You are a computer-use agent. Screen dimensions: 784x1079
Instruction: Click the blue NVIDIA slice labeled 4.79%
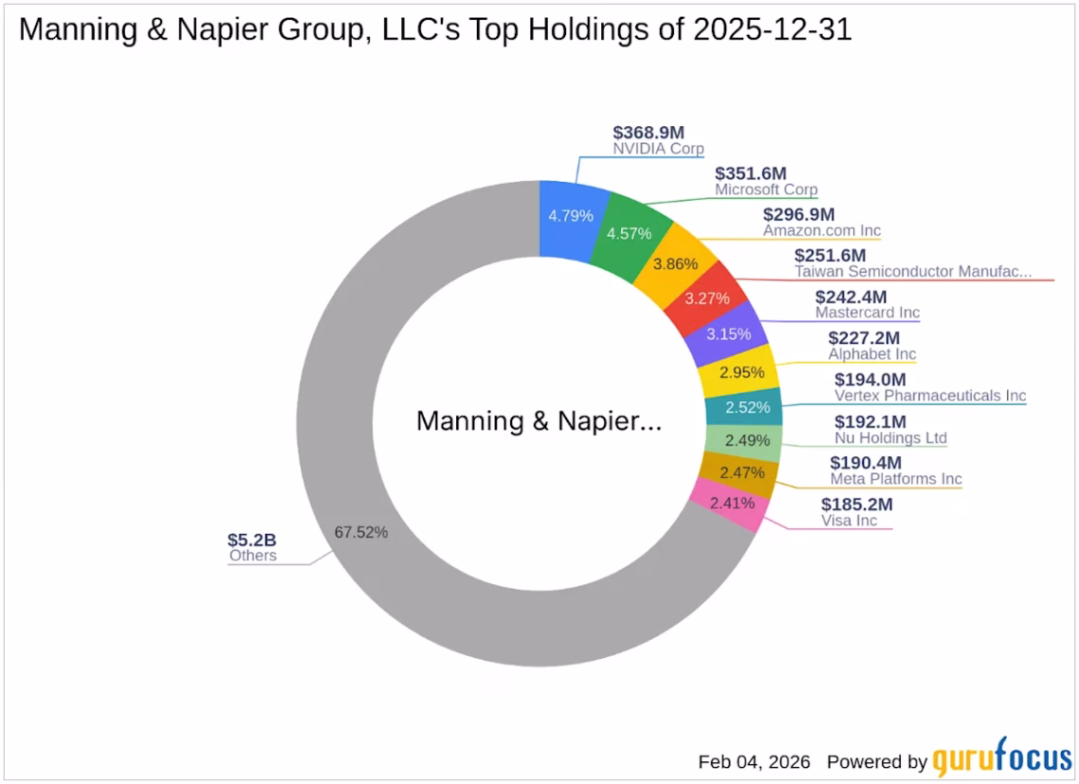[x=570, y=216]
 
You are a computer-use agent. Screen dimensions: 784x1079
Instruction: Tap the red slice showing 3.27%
[x=707, y=297]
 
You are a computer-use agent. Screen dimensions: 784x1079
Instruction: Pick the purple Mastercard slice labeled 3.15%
[x=729, y=333]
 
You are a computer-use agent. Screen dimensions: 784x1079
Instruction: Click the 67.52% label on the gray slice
[x=361, y=532]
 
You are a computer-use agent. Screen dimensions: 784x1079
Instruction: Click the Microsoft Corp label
[x=766, y=189]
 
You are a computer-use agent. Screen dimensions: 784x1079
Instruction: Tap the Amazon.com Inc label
[x=822, y=230]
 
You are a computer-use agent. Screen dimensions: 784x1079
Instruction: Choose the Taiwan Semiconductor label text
[x=912, y=272]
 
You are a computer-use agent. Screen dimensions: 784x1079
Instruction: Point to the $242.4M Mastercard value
[x=857, y=296]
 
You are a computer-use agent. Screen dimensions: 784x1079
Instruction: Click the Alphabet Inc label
[x=872, y=354]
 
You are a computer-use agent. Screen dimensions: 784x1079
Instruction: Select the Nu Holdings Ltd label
[x=890, y=438]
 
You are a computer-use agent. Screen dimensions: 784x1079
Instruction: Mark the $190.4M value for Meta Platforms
[x=865, y=463]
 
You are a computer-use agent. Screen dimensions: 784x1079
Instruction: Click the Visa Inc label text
[x=849, y=521]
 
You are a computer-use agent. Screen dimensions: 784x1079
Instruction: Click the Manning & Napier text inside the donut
[x=539, y=421]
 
